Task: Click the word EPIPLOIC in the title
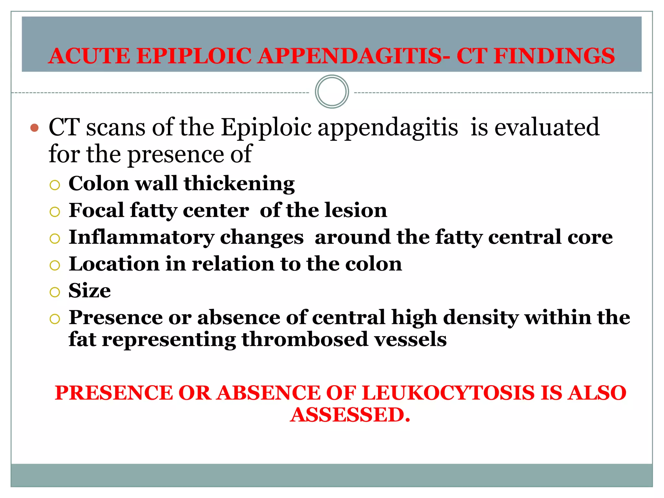click(x=194, y=56)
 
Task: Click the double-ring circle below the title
click(x=332, y=92)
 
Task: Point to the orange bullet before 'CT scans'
click(x=34, y=128)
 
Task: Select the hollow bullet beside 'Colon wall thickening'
click(x=55, y=185)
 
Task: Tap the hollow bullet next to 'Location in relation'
click(x=55, y=266)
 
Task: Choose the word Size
click(x=89, y=290)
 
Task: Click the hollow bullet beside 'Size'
click(x=55, y=292)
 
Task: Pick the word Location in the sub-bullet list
click(x=114, y=264)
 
